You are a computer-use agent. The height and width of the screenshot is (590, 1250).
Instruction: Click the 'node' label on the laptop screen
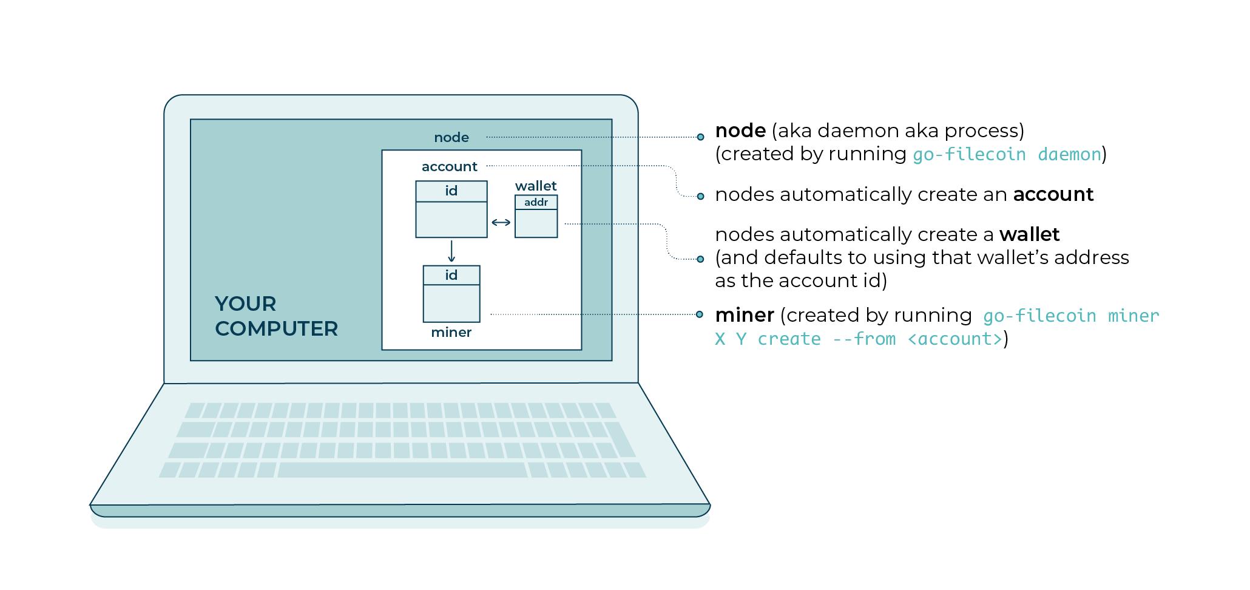(451, 138)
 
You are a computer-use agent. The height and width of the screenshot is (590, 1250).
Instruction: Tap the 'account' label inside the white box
(449, 167)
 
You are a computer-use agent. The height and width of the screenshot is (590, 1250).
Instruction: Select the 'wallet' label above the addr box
(536, 186)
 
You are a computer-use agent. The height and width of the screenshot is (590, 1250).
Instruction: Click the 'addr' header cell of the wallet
(536, 202)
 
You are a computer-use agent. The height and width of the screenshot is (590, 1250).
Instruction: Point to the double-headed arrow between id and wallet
(501, 223)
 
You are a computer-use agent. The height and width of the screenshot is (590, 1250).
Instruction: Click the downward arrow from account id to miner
(451, 251)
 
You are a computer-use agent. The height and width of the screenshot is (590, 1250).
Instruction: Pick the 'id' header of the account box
(451, 191)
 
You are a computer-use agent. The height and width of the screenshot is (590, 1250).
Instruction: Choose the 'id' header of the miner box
(451, 275)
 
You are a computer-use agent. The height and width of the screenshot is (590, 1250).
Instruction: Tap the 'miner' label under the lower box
(451, 333)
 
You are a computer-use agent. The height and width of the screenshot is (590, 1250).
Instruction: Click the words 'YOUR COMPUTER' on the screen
(276, 316)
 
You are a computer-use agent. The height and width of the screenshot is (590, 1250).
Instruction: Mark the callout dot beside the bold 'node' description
(700, 137)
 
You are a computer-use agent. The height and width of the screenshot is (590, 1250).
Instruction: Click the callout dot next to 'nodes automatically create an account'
(700, 196)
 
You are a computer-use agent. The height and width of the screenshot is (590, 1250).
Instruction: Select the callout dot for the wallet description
(700, 259)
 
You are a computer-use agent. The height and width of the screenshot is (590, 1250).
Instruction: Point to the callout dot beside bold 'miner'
(700, 314)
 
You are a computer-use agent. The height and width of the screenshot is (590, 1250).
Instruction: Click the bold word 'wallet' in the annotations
(1029, 234)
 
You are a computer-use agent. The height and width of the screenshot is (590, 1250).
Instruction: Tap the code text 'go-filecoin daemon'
(1007, 155)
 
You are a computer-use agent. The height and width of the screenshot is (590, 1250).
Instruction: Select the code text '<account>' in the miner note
(954, 339)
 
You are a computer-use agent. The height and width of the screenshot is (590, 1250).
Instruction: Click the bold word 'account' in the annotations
(1053, 194)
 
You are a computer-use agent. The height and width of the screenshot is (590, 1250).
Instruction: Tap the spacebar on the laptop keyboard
(402, 470)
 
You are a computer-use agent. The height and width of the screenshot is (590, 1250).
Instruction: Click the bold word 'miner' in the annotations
(744, 315)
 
